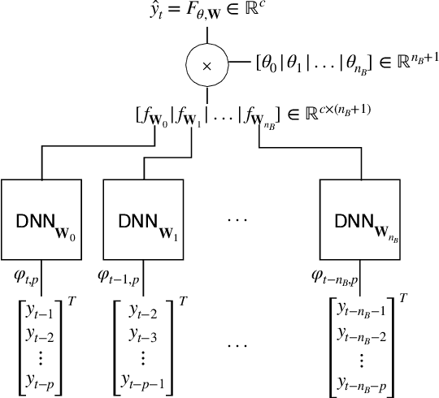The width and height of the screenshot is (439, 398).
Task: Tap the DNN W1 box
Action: pos(142,218)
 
